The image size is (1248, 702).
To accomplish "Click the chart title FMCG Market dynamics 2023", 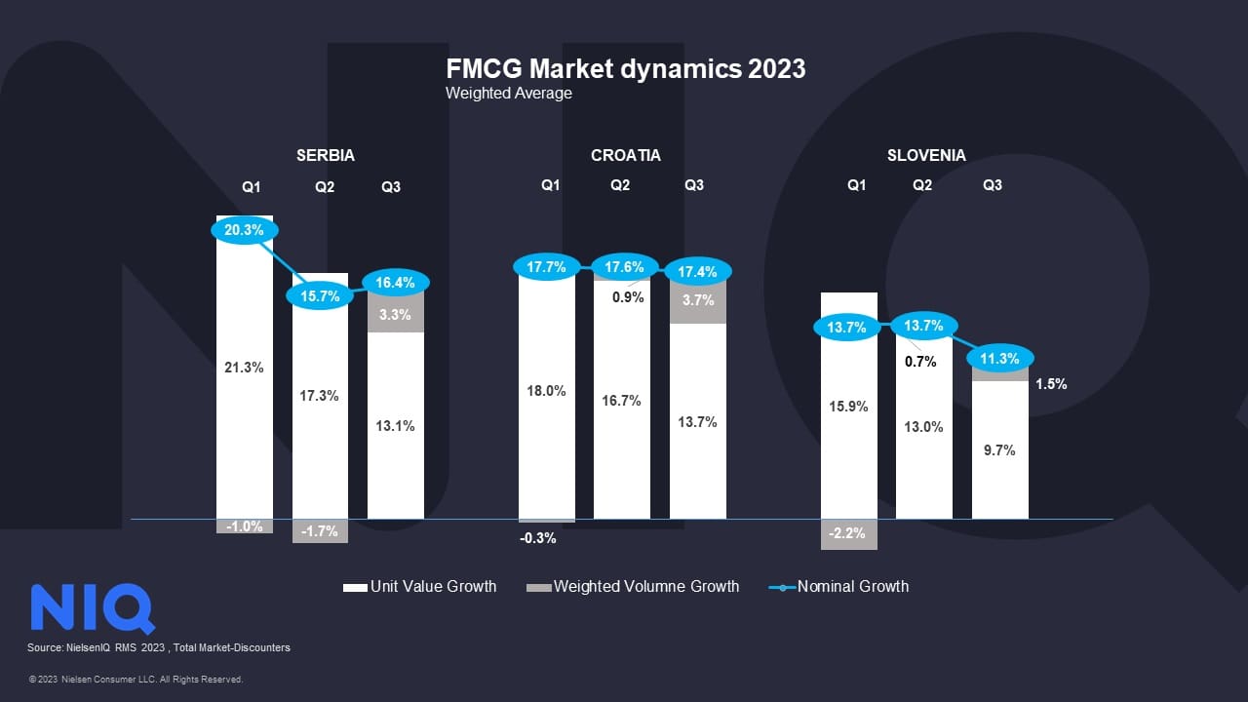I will click(x=625, y=69).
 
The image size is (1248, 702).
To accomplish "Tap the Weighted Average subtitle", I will click(x=509, y=94).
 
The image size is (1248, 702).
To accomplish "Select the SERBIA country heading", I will click(x=326, y=155).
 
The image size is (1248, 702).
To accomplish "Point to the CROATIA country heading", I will click(x=626, y=155).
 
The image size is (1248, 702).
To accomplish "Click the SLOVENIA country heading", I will click(x=926, y=155).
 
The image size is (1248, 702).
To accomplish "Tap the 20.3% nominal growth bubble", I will click(x=244, y=231).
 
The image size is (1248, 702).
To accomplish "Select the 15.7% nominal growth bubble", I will click(x=320, y=295).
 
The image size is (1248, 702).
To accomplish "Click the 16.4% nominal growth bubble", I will click(x=396, y=283).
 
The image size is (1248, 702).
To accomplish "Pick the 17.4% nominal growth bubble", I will click(x=697, y=272).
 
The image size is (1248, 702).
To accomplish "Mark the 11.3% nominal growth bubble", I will click(x=999, y=358).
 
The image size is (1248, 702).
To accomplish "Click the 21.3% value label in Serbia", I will click(x=244, y=368).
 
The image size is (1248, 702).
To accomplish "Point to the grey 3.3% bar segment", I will click(x=396, y=314).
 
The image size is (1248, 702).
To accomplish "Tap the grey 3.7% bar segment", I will click(x=697, y=301).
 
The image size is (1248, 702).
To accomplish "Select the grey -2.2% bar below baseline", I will click(x=849, y=534).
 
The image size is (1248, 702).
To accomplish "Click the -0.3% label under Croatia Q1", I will click(x=538, y=538).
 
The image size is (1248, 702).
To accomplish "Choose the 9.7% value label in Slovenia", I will click(x=999, y=450).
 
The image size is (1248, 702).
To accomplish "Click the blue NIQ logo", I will click(x=93, y=608).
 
